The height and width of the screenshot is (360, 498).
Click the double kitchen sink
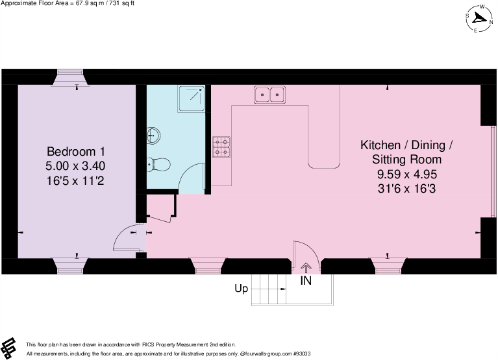(271, 95)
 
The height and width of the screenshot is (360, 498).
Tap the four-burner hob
(221, 148)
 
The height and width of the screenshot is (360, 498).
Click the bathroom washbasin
(154, 136)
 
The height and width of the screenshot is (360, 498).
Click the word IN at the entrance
(305, 281)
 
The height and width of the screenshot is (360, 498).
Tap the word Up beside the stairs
(241, 289)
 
